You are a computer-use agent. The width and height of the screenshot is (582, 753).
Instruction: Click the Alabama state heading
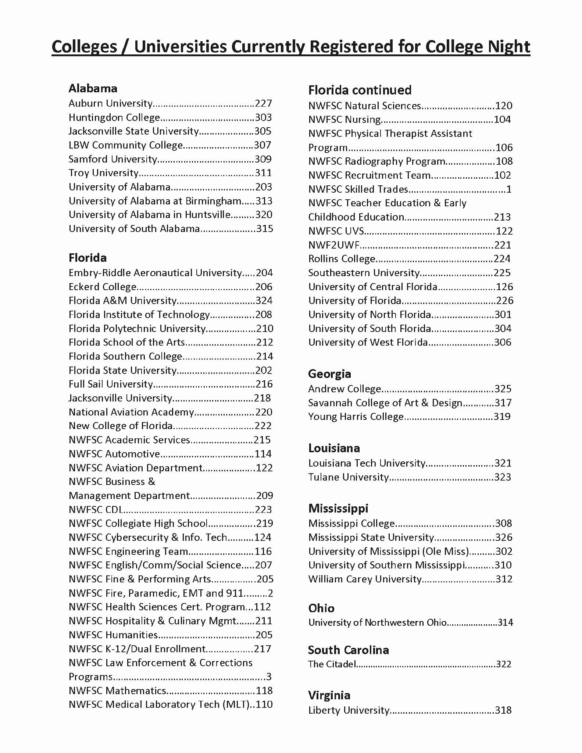[x=93, y=88]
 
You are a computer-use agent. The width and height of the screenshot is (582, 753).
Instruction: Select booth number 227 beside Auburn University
[x=263, y=103]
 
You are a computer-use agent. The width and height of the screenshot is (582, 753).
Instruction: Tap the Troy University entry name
[x=103, y=173]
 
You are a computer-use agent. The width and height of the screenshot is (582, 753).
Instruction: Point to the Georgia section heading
[x=329, y=374]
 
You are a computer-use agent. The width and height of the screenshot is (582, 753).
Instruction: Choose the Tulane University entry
[x=348, y=477]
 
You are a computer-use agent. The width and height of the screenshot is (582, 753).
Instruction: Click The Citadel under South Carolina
[x=332, y=664]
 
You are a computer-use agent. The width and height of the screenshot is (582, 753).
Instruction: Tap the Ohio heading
[x=321, y=608]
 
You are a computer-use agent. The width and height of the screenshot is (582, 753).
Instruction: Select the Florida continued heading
[x=360, y=90]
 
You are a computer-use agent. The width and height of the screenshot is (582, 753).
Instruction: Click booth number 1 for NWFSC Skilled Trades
[x=508, y=189]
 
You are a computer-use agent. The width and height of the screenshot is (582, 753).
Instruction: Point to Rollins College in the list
[x=342, y=259]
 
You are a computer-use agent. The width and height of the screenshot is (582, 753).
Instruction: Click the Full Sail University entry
[x=110, y=384]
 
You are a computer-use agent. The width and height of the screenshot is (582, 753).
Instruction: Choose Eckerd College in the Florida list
[x=103, y=287]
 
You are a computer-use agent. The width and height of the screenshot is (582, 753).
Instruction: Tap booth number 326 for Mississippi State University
[x=503, y=537]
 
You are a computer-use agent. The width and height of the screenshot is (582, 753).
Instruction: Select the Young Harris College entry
[x=356, y=417]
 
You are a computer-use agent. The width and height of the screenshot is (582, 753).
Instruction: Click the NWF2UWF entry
[x=334, y=245]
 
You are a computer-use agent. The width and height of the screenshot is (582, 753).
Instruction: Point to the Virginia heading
[x=329, y=695]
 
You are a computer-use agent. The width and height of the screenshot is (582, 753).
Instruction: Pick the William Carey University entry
[x=365, y=579]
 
